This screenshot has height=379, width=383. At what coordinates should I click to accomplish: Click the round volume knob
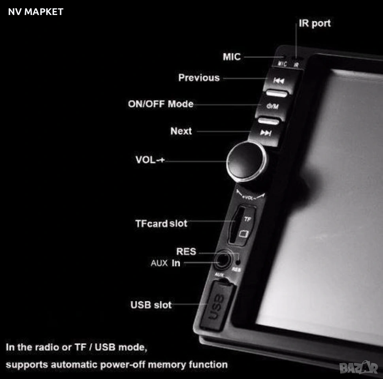coord(247,161)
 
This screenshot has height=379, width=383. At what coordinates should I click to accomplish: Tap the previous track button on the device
coord(280,81)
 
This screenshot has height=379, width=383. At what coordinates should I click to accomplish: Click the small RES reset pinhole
coord(238,263)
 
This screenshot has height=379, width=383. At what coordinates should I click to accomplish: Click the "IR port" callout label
coord(315,23)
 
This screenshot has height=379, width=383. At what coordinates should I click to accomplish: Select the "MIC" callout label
coord(232,56)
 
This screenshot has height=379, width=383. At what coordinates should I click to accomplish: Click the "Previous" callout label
coord(199,78)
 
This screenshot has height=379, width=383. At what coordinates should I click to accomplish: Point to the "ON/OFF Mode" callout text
coord(161,104)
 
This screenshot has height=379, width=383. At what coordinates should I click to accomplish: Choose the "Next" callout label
coord(181,131)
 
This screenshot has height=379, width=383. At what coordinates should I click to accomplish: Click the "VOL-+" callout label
coord(150,159)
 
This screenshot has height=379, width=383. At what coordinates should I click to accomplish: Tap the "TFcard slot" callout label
coord(161,223)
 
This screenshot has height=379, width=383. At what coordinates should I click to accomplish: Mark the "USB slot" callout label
coord(151,305)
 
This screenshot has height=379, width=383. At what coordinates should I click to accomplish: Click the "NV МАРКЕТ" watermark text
coord(36,12)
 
